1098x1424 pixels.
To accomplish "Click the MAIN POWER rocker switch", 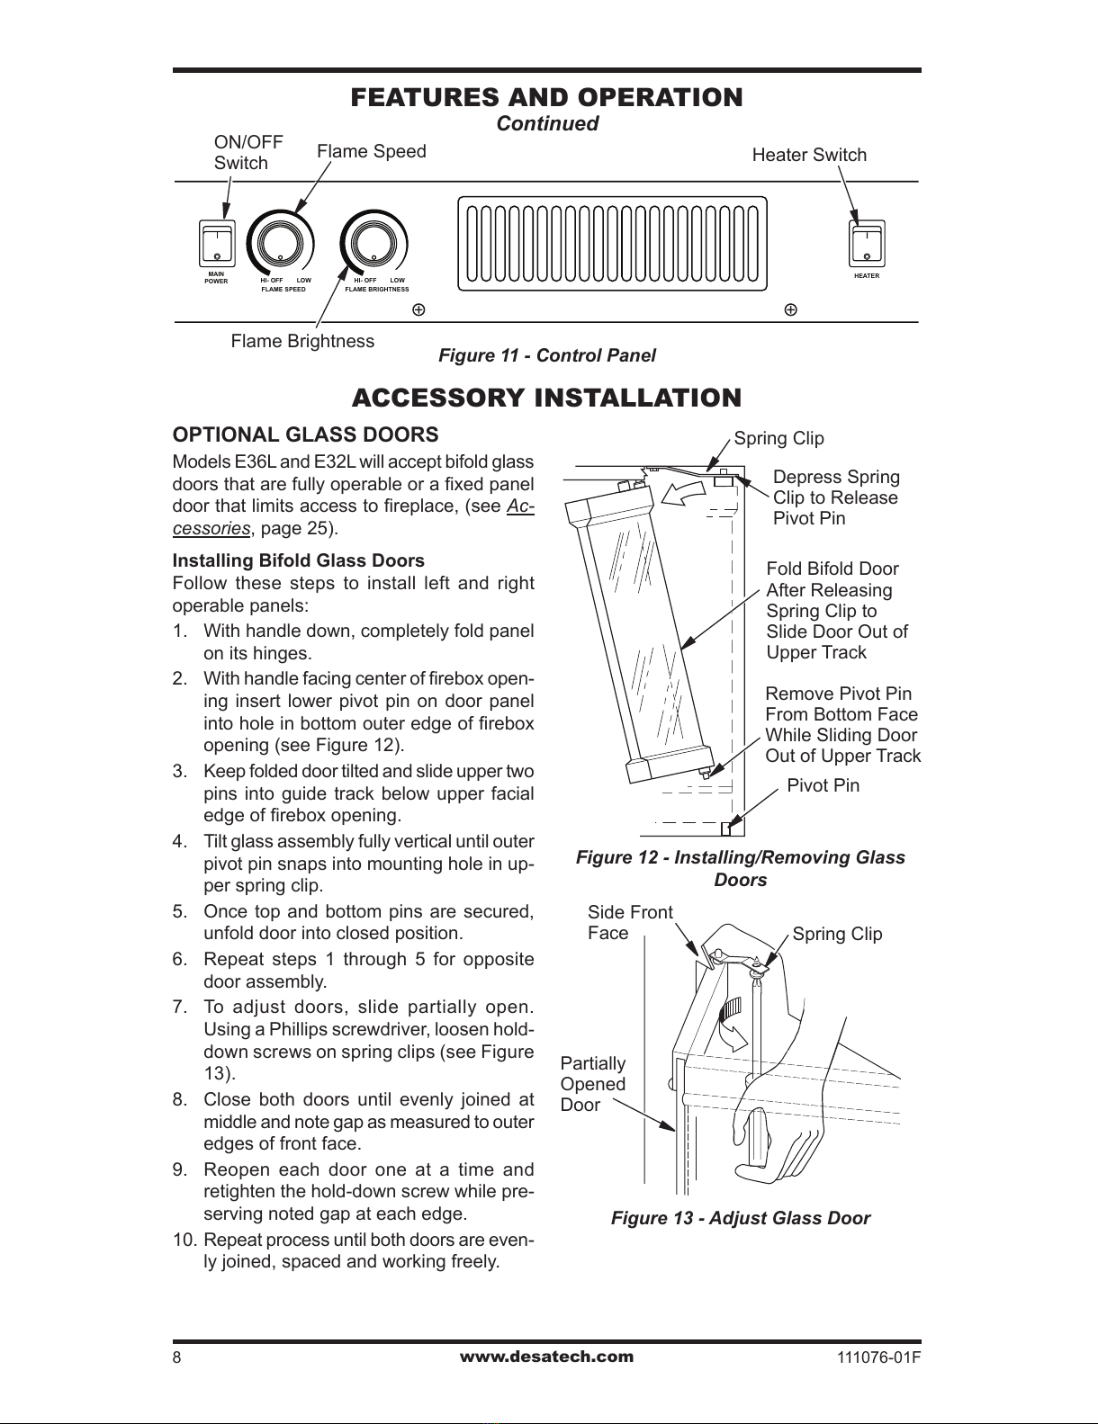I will [217, 243].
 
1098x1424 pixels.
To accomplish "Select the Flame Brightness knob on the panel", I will [373, 244].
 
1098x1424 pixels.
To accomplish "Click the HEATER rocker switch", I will [867, 243].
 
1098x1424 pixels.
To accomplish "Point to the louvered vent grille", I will [614, 244].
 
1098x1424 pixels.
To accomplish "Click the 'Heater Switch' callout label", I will [809, 155].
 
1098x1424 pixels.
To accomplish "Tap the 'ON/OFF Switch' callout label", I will [247, 153].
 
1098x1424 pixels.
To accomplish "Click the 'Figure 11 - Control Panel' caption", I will [546, 355].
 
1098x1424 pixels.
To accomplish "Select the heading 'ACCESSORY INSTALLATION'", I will [546, 398].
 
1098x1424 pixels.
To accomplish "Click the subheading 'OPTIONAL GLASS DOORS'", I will [305, 434].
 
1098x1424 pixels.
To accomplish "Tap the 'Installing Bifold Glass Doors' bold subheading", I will [299, 561].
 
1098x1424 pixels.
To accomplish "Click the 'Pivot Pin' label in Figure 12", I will [823, 785].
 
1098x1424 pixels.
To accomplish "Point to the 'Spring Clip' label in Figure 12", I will [778, 438].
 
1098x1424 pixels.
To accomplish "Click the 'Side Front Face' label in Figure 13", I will [629, 922].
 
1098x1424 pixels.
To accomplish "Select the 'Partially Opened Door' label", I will [592, 1084].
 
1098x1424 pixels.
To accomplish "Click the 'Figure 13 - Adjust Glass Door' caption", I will [740, 1218].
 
